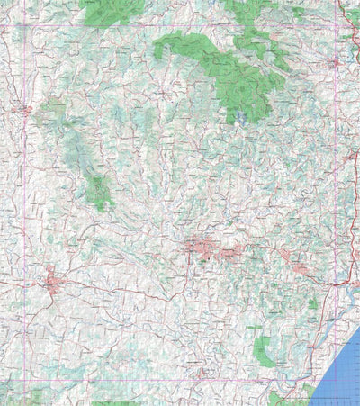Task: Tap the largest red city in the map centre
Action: pos(200,247)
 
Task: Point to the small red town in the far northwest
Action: pos(23,110)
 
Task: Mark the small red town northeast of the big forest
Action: pos(334,63)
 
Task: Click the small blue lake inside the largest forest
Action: pos(241,117)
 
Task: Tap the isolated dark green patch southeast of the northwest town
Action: pos(99,192)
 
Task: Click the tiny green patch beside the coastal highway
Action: pos(312,304)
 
